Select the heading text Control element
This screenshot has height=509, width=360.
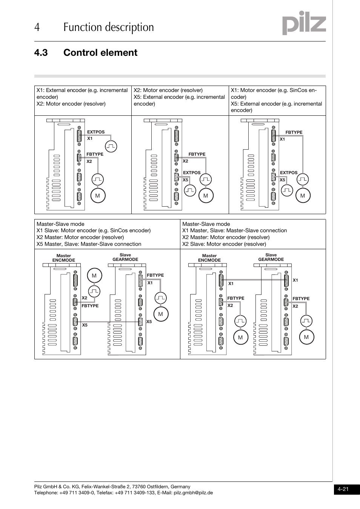pos(100,53)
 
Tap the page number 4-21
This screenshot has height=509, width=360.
pos(343,489)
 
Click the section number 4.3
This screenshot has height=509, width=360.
pos(41,53)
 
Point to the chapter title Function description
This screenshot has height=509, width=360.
pos(109,28)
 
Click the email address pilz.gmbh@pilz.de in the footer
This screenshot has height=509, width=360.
pos(193,493)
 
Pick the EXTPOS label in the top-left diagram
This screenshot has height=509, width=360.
pos(96,132)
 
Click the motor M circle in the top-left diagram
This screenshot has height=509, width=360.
pos(98,196)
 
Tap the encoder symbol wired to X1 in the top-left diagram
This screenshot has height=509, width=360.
pos(111,146)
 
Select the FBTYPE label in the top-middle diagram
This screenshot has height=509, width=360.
pos(197,154)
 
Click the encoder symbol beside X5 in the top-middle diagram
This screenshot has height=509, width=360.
pos(190,190)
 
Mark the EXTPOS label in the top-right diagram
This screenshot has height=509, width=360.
pos(289,173)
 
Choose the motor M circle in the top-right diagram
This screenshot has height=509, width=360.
pos(303,196)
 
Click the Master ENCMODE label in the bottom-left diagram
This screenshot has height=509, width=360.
pos(64,258)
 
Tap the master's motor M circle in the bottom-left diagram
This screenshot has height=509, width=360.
pos(94,276)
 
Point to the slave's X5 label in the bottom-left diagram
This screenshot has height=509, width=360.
pos(149,322)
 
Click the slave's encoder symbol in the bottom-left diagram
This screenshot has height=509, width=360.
pos(161,298)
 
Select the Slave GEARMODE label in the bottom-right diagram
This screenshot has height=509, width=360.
pos(271,258)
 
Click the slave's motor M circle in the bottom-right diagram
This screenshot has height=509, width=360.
pos(306,337)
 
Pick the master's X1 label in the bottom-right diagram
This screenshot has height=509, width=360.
pos(231,284)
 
